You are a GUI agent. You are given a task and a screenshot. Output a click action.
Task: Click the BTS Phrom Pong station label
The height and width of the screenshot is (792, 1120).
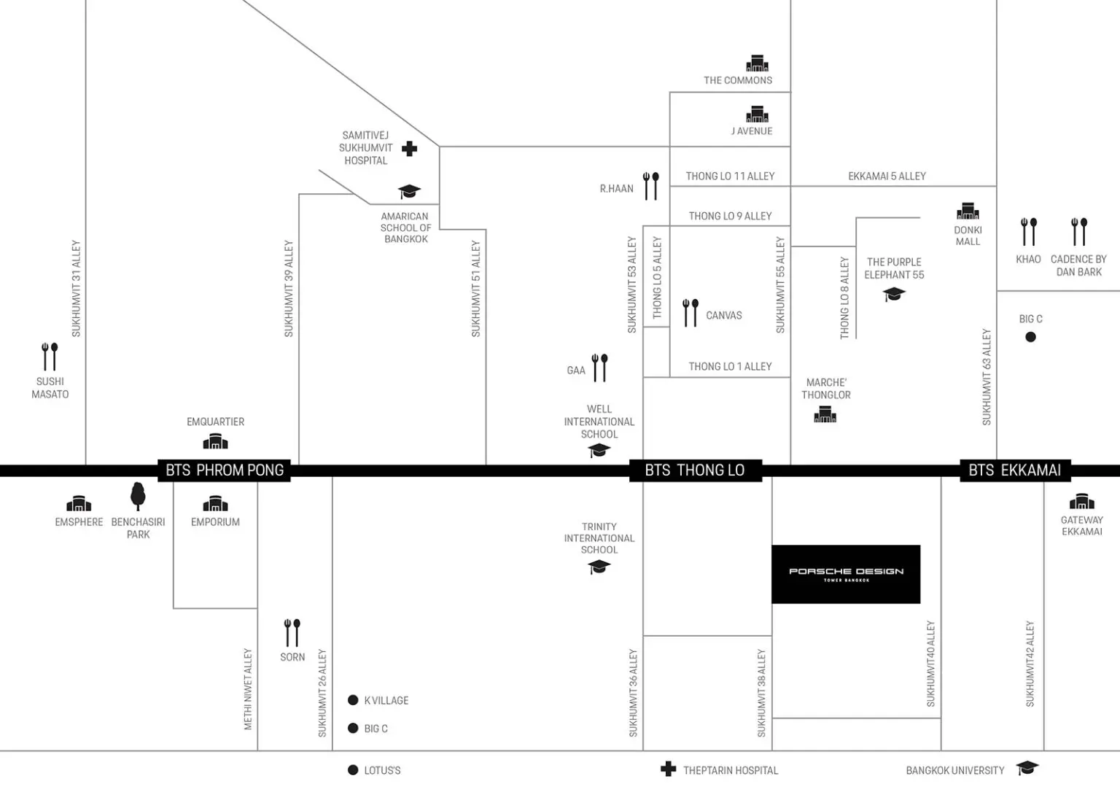[224, 470]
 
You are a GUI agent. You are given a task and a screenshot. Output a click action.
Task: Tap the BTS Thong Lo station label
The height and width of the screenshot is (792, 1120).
[696, 470]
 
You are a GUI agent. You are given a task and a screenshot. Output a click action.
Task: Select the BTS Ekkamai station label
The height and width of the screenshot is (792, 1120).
[1015, 470]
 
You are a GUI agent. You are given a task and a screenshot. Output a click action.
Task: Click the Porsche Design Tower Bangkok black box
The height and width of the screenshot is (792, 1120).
[846, 574]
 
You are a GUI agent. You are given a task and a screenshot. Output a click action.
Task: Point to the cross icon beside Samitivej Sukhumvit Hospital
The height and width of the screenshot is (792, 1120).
[410, 149]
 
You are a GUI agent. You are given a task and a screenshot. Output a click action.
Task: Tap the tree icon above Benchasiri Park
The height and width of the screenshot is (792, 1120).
[138, 496]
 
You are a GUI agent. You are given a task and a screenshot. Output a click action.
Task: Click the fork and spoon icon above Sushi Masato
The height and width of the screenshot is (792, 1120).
[50, 357]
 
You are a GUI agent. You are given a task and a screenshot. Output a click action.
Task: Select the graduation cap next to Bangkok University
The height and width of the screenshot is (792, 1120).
[1027, 768]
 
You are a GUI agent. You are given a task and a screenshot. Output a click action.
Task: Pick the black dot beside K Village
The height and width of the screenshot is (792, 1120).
[353, 700]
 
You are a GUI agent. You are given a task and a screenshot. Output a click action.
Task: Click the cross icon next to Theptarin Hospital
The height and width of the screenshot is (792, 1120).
[668, 769]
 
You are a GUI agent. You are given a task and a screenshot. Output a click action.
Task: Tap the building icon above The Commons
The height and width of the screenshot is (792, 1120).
[757, 63]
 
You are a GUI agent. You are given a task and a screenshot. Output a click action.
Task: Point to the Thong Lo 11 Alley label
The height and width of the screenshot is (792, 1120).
[730, 176]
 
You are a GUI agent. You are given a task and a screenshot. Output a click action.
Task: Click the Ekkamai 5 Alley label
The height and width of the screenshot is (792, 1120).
[887, 176]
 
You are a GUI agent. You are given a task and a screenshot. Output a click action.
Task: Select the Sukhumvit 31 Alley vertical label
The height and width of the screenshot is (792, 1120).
[76, 289]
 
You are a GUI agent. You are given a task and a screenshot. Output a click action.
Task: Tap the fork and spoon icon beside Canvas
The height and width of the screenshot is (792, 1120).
[691, 313]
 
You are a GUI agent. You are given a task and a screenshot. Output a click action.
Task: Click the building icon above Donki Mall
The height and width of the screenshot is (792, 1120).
[968, 211]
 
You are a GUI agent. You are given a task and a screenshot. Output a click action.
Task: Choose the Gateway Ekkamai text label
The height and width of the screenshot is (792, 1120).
[1082, 526]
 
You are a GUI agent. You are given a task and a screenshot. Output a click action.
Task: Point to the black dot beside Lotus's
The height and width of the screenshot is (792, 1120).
[353, 770]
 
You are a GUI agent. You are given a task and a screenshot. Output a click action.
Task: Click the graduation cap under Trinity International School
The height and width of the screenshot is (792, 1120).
[599, 567]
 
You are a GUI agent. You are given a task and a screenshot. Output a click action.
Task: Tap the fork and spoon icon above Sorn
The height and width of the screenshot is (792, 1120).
[292, 633]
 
